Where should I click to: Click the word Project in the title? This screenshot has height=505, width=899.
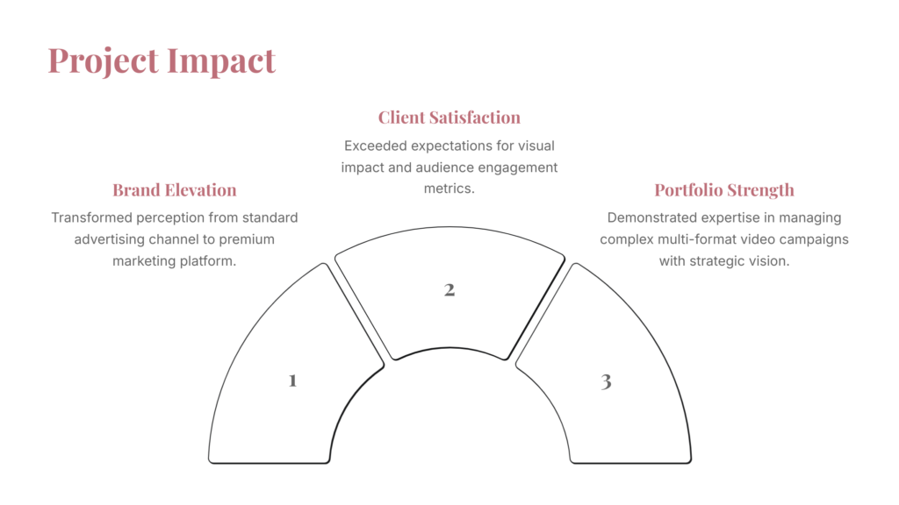coord(104,60)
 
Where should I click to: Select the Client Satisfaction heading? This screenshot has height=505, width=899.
coord(449,117)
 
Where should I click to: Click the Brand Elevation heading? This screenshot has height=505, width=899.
coord(175,190)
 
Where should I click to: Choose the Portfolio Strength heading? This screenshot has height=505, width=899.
coord(724,190)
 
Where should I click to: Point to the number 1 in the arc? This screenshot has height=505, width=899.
coord(292,381)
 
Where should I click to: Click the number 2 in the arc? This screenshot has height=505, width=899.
coord(449,289)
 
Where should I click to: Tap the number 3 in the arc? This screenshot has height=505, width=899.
coord(606,381)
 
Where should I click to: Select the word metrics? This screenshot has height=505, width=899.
coord(449,188)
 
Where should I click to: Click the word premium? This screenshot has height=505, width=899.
coord(247,239)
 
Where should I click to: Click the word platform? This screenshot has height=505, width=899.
coord(208,261)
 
